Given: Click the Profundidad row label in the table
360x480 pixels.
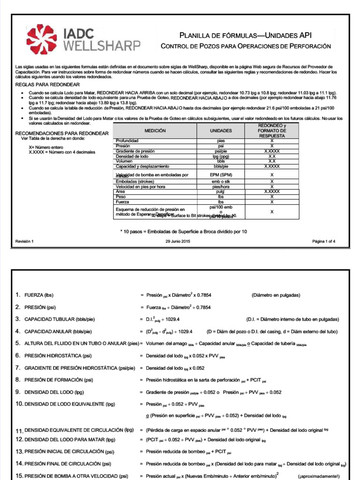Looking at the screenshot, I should tap(127, 140).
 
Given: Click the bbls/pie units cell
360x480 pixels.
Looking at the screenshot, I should tap(221, 166).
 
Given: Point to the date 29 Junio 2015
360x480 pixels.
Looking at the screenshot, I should tap(178, 241).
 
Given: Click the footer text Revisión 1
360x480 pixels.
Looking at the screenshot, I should tap(25, 241).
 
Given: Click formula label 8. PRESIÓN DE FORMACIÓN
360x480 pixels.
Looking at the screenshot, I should tap(56, 380).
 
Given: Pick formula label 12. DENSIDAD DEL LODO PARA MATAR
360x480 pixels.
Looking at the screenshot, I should tap(65, 440).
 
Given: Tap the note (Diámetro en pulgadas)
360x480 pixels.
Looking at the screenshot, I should tap(276, 295).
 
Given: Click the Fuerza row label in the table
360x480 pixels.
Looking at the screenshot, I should tap(122, 202).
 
